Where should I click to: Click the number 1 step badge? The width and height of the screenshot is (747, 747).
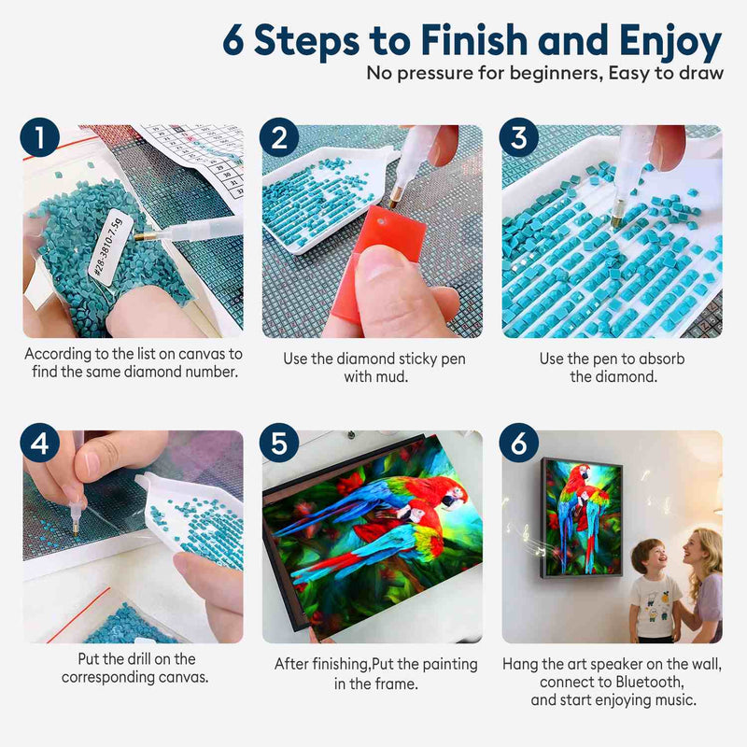pyautogui.click(x=40, y=137)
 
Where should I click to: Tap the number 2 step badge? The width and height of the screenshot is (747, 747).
pyautogui.click(x=279, y=137)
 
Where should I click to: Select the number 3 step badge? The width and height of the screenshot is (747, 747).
pyautogui.click(x=519, y=137)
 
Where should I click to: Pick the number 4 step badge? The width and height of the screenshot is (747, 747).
pyautogui.click(x=40, y=443)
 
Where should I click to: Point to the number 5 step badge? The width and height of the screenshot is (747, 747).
pyautogui.click(x=279, y=443)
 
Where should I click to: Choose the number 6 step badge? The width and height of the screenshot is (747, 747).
pyautogui.click(x=519, y=443)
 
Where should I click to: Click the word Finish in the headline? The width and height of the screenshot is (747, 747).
pyautogui.click(x=474, y=40)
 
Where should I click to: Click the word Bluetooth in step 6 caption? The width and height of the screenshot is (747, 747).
pyautogui.click(x=650, y=683)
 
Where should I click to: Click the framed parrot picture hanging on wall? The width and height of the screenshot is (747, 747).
pyautogui.click(x=582, y=518)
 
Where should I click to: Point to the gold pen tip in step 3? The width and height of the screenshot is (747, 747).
pyautogui.click(x=616, y=220)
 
